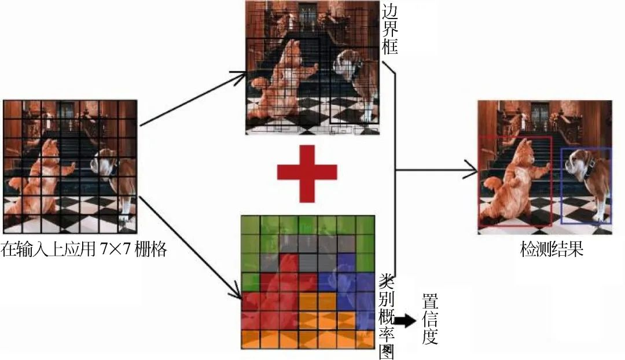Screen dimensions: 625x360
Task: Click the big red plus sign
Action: (x=307, y=172)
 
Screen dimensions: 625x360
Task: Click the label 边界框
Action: (x=389, y=30)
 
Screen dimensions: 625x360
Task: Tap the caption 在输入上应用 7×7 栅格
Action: (x=84, y=250)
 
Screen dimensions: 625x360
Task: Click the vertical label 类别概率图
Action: (x=386, y=315)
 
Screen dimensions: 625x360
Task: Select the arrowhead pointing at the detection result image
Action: (x=472, y=171)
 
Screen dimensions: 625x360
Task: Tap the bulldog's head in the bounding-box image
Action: (x=346, y=64)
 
